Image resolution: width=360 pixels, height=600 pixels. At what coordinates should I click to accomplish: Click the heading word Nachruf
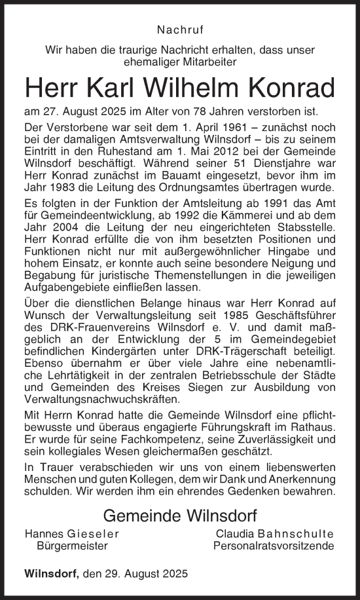pos(179,29)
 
